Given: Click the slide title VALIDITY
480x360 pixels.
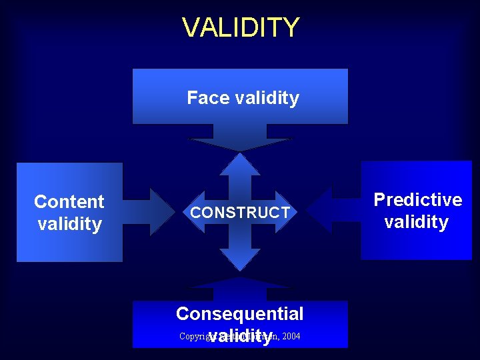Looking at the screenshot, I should click(x=241, y=27).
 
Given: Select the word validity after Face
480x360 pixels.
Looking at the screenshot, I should click(x=266, y=98).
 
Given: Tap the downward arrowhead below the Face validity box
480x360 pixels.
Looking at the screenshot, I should click(x=240, y=144).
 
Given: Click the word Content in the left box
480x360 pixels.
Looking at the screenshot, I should click(x=69, y=201).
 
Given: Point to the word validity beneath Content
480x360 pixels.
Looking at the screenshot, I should click(x=69, y=224).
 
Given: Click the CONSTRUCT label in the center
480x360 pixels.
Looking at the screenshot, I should click(x=240, y=213).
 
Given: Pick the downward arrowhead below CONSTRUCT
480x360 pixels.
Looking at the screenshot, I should click(x=240, y=259).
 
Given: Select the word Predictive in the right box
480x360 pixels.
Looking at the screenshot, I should click(x=417, y=199).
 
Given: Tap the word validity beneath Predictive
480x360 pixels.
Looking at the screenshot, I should click(x=417, y=222).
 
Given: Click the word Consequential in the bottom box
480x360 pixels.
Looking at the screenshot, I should click(x=239, y=313).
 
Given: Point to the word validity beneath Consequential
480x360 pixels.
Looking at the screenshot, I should click(x=240, y=337).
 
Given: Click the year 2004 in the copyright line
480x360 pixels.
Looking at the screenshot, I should click(x=291, y=336).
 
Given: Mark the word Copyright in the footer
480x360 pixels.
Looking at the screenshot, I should click(x=193, y=336).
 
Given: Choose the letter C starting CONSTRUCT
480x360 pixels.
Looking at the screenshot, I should click(x=195, y=213).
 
